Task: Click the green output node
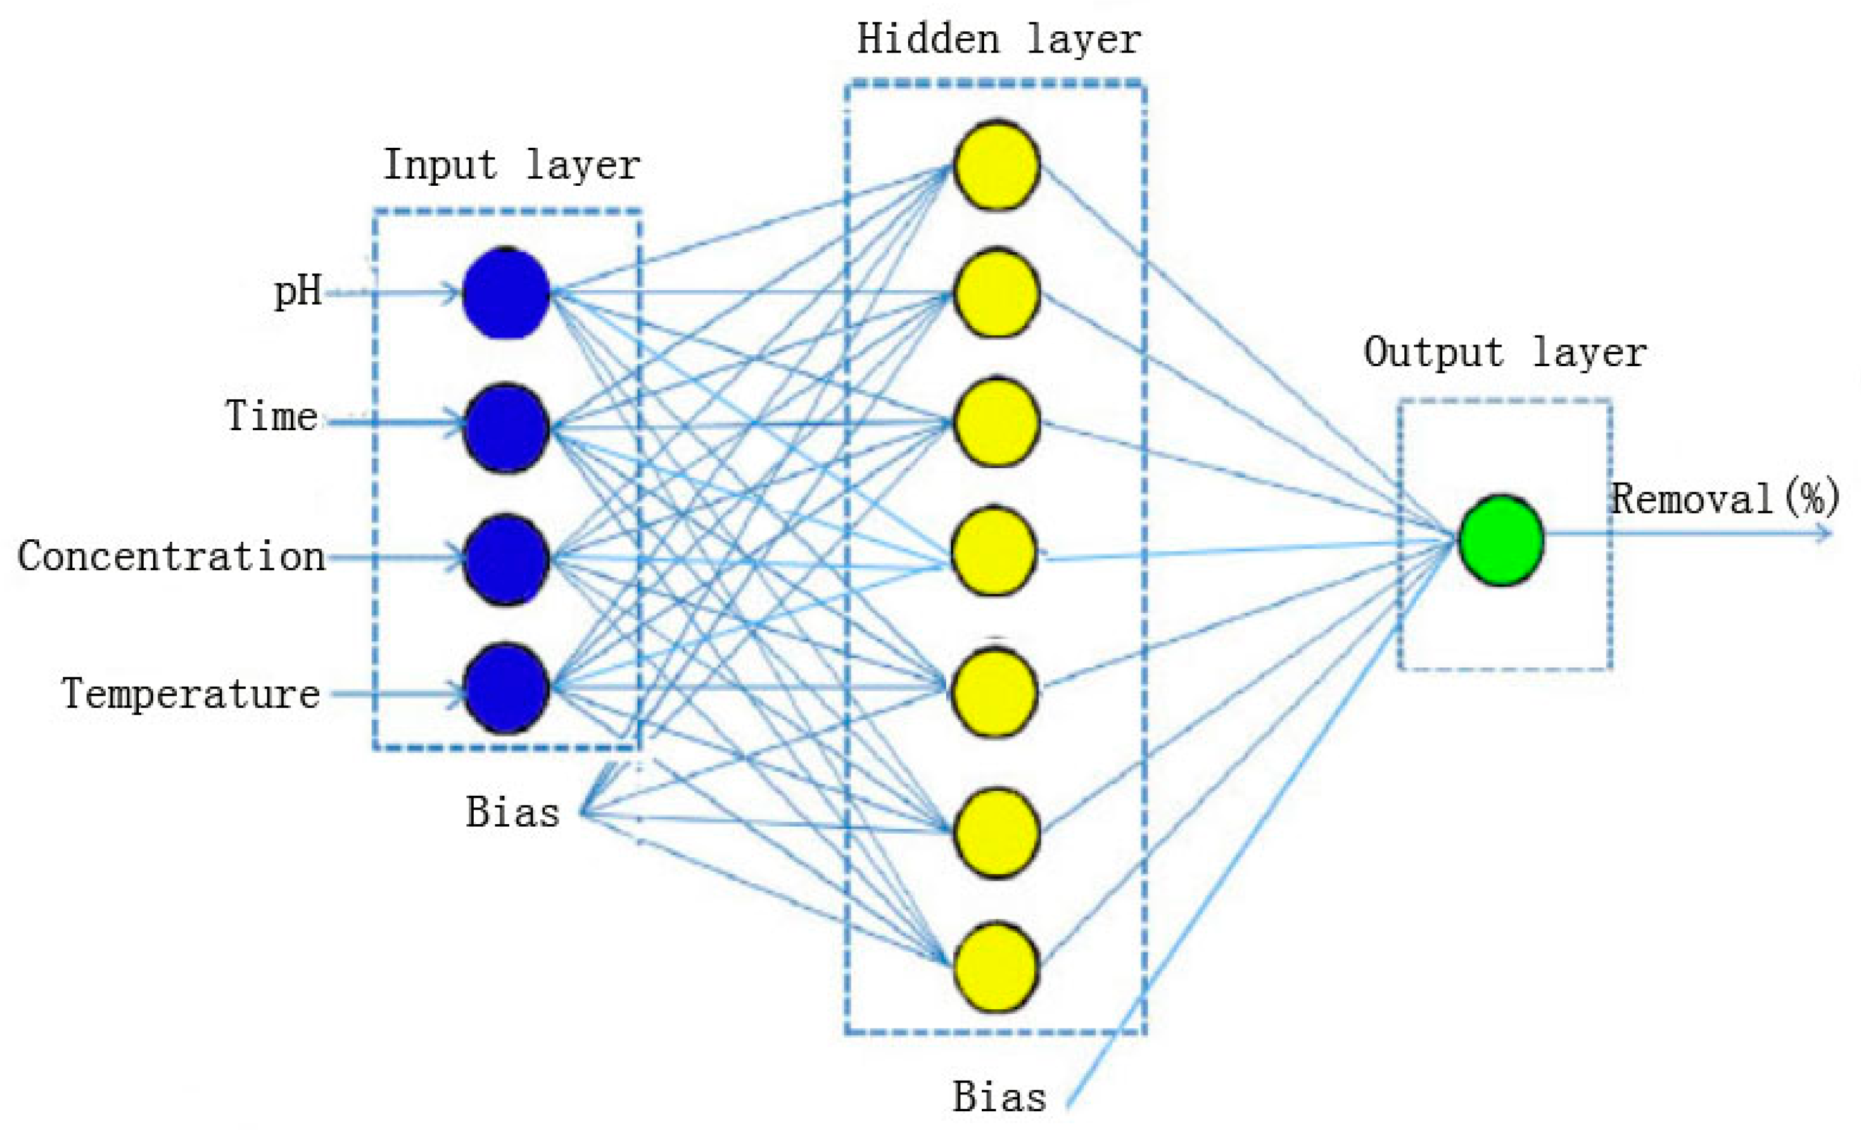click(x=1501, y=540)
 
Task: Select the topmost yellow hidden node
click(x=996, y=165)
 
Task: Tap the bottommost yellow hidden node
click(x=996, y=967)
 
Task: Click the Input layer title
click(x=511, y=165)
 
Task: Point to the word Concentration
click(x=171, y=557)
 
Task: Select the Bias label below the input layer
click(x=513, y=813)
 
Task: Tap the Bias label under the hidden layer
click(x=999, y=1097)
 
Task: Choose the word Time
click(x=271, y=416)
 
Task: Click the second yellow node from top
click(x=996, y=293)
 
